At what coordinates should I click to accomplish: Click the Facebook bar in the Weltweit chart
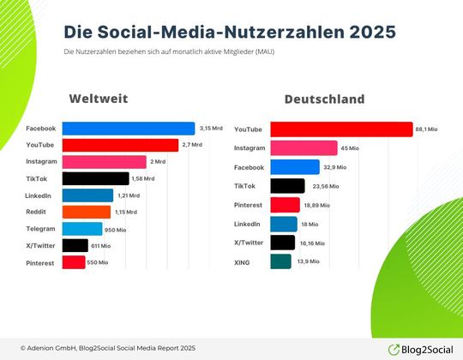129,129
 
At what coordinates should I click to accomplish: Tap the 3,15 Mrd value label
210,129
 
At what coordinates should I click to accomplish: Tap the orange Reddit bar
86,212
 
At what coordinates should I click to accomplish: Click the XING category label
244,261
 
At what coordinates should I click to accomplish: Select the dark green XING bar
280,261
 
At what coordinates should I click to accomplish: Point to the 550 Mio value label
98,262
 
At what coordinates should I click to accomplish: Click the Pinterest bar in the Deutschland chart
285,205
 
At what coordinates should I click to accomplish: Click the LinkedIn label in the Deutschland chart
248,224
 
